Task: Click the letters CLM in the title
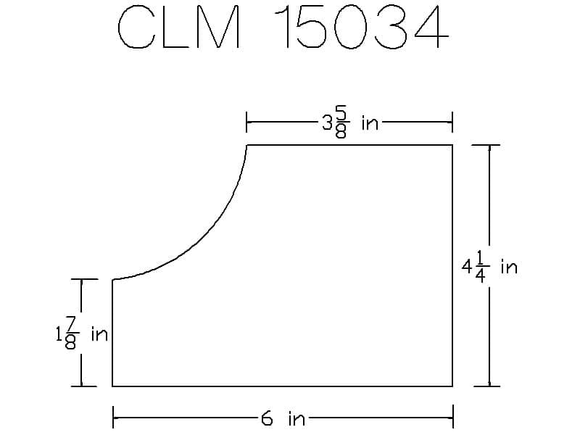click(x=179, y=28)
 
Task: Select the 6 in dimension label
click(x=283, y=419)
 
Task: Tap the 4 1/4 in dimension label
click(x=489, y=267)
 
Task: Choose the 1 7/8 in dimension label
click(x=82, y=333)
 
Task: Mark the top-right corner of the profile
click(x=452, y=145)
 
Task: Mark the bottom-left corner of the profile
click(x=113, y=386)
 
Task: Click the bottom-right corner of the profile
click(x=452, y=386)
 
